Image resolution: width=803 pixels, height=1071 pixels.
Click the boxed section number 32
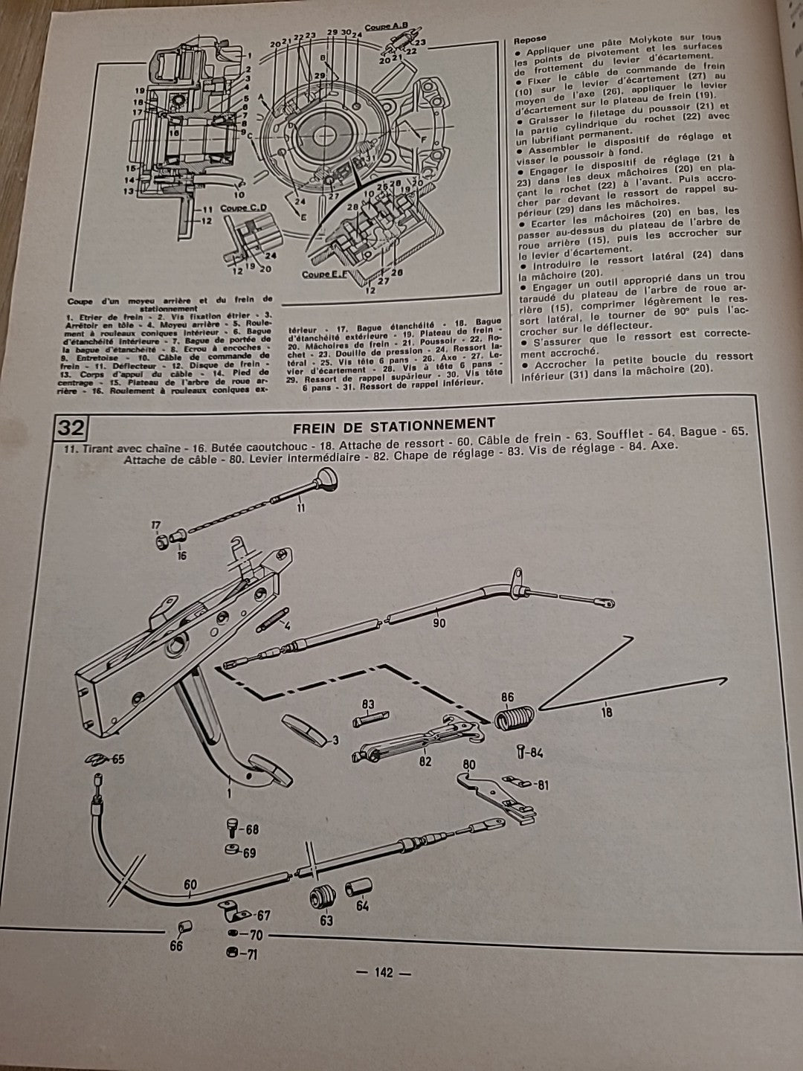point(71,428)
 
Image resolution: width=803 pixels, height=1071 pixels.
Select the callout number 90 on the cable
point(439,623)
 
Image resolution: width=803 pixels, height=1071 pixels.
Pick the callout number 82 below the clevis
point(425,762)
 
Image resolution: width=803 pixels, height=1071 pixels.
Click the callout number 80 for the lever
point(469,764)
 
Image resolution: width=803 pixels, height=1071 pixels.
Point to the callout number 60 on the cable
point(190,885)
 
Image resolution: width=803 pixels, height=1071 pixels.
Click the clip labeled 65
point(94,759)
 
